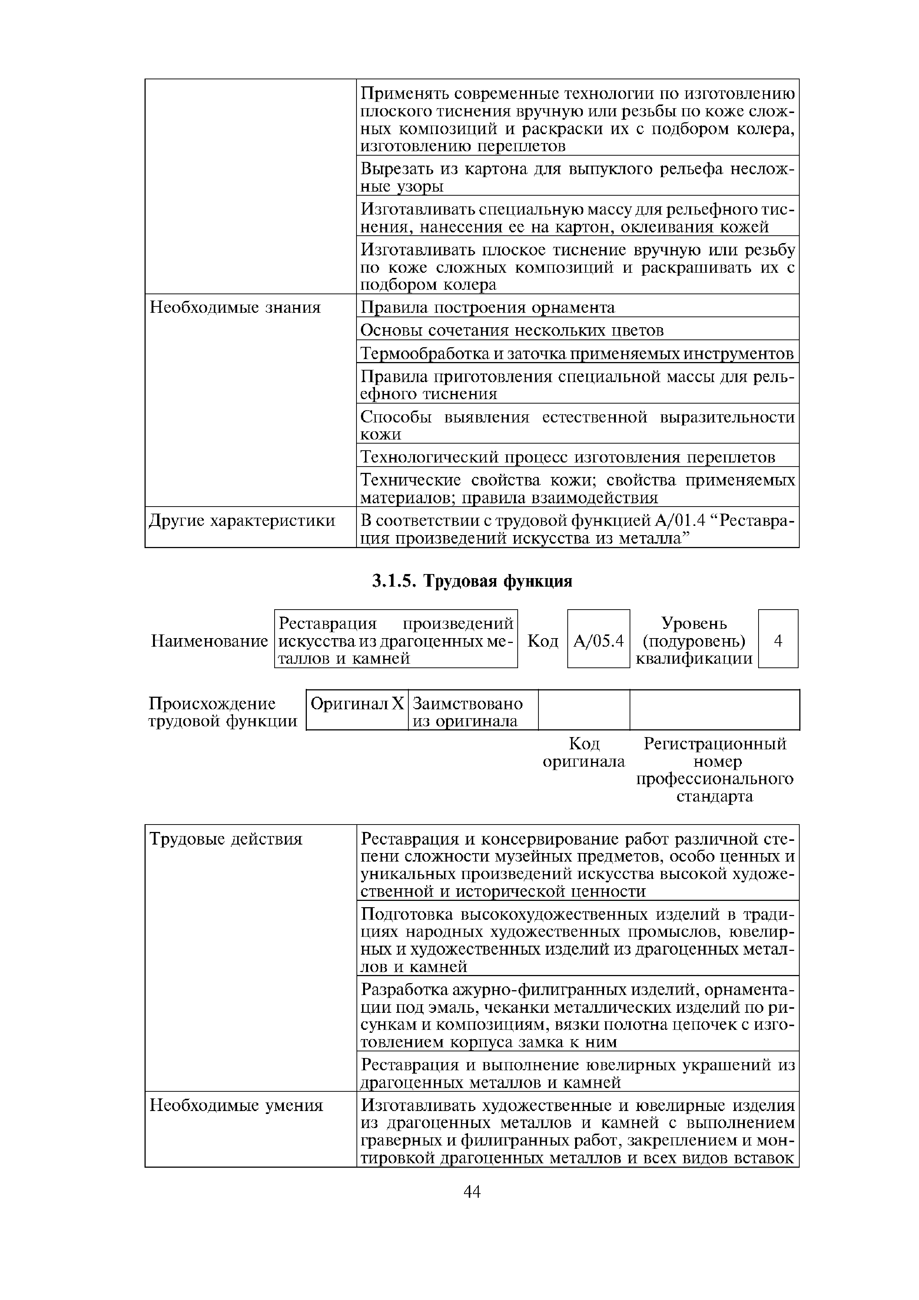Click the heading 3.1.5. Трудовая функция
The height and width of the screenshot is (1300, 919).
[x=472, y=581]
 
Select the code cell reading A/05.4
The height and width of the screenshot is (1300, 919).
[x=598, y=641]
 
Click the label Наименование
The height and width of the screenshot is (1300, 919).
[x=209, y=641]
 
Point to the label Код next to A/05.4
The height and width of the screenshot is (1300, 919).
[x=543, y=641]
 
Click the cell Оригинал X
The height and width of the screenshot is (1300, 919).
[x=357, y=704]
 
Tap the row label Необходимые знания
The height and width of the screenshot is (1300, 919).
[x=235, y=308]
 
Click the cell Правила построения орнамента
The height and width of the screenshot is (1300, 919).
[x=488, y=308]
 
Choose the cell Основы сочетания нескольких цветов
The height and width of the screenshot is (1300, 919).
[x=512, y=330]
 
